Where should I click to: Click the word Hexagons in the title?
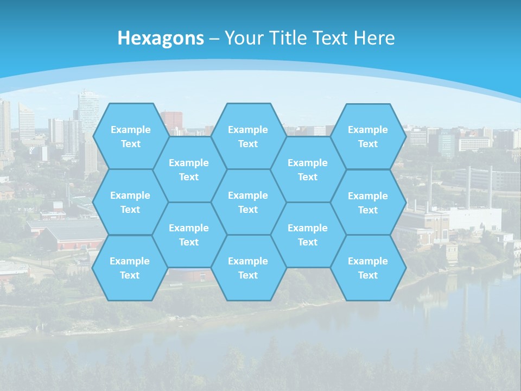click(161, 38)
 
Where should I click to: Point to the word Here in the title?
click(374, 38)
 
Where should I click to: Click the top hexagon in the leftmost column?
click(130, 136)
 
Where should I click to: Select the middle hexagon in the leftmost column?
click(130, 202)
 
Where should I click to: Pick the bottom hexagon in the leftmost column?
click(130, 268)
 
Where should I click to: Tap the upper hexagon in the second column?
click(189, 169)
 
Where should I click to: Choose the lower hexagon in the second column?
click(189, 235)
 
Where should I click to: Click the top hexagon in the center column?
click(248, 136)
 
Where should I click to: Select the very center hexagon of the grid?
click(248, 202)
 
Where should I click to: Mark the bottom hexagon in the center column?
click(248, 268)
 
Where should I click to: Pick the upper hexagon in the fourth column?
click(308, 169)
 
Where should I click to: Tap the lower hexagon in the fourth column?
click(308, 235)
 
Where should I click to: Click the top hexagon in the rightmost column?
click(368, 136)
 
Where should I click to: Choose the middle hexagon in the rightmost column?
click(368, 203)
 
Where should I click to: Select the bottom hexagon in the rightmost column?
click(368, 268)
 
